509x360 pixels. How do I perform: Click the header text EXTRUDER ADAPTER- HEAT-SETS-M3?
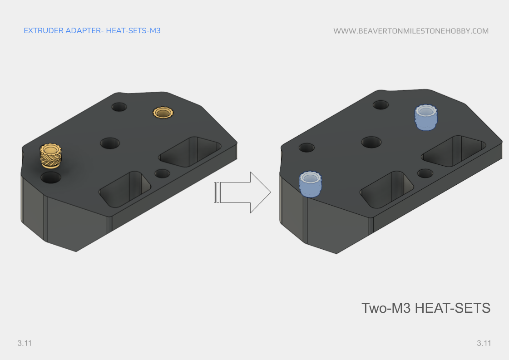(x=92, y=31)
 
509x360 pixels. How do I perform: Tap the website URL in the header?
(x=411, y=31)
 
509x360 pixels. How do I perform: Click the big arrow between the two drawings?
(x=243, y=192)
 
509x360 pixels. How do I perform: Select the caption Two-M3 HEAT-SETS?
(x=425, y=308)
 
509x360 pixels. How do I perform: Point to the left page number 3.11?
(x=25, y=343)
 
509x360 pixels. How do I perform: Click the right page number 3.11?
(x=484, y=343)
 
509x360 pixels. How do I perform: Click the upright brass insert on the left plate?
(x=50, y=157)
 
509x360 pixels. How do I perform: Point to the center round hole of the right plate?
(x=371, y=142)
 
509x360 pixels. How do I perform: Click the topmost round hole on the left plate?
(x=119, y=107)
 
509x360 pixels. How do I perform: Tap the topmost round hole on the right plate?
(x=381, y=104)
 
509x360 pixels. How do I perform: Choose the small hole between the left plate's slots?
(x=162, y=173)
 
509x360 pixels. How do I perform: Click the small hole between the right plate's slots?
(x=425, y=173)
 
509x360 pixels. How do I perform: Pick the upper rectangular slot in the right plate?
(x=454, y=150)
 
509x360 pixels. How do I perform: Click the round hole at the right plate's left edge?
(x=307, y=148)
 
